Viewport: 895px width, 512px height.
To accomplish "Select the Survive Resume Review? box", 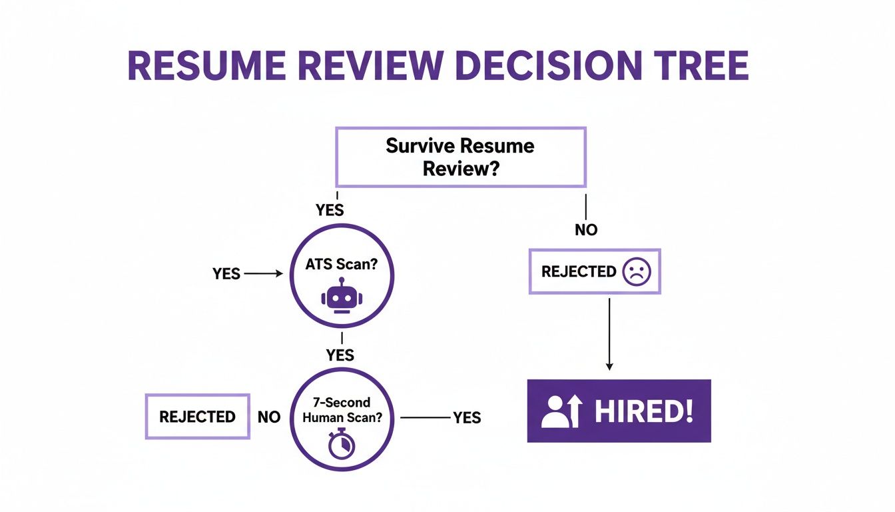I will click(460, 157).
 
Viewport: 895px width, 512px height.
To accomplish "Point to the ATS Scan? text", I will click(342, 265).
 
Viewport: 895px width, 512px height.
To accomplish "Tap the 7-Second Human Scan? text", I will click(342, 411).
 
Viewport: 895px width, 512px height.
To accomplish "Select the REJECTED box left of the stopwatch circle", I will click(197, 417).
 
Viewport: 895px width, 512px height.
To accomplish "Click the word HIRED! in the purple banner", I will click(643, 411).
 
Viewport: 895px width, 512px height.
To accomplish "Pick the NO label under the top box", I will click(586, 230).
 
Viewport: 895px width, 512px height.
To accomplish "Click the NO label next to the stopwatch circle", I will click(268, 417).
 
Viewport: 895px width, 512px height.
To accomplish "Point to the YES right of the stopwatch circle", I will click(467, 417).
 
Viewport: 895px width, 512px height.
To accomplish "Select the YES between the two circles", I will click(340, 355).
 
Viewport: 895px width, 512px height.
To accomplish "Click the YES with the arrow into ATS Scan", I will click(226, 273).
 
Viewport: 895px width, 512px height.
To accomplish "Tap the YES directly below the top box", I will click(330, 210).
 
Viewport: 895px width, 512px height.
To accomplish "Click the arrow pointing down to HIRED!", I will click(609, 333).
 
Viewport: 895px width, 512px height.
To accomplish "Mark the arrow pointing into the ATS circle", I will click(264, 273).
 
